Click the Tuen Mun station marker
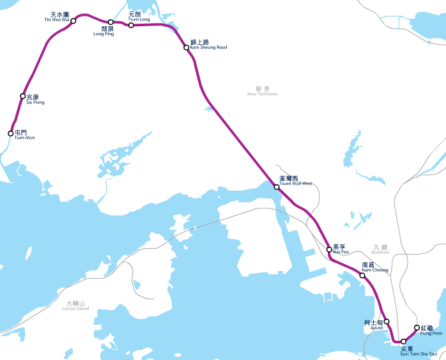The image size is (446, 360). pos(10,134)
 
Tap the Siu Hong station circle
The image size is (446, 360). pos(22,97)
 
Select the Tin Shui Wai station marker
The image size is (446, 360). pos(73,21)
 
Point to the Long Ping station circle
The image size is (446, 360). pos(111,22)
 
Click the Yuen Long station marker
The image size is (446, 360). pos(131,25)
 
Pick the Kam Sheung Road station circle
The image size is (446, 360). pos(186,47)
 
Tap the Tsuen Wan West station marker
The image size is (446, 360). pos(277,187)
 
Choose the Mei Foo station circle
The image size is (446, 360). pos(329,249)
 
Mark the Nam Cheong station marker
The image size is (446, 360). pos(362,276)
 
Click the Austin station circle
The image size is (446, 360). pos(387,322)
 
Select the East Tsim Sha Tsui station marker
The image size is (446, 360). pos(403,341)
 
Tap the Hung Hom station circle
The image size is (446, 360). pos(417,328)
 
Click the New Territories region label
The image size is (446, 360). pos(263,91)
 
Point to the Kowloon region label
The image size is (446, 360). pos(380,249)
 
